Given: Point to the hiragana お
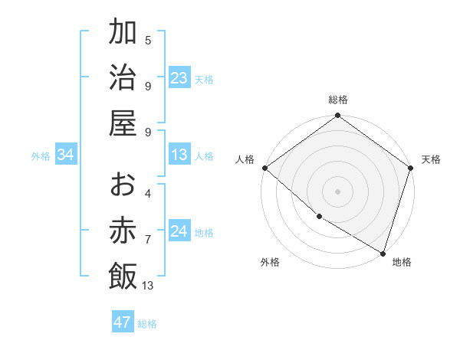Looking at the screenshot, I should click(x=123, y=185).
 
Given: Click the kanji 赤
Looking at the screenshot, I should click(x=123, y=230).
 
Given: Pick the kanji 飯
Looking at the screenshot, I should click(x=123, y=276).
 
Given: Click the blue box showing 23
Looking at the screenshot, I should click(x=179, y=78).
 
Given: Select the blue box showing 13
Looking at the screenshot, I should click(x=179, y=155).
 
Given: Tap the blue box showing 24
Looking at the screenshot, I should click(x=179, y=232).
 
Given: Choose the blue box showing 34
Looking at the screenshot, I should click(x=66, y=155).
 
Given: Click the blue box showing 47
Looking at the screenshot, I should click(x=123, y=322).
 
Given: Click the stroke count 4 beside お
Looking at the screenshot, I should click(x=148, y=194).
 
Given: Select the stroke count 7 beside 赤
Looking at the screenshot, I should click(x=148, y=239).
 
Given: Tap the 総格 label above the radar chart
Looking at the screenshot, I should click(x=338, y=100).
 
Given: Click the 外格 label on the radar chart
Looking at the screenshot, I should click(x=270, y=262).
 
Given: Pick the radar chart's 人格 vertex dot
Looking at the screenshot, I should click(x=264, y=168).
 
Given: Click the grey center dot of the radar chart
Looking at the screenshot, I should click(x=338, y=191).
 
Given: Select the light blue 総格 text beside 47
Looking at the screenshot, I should click(x=147, y=324).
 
